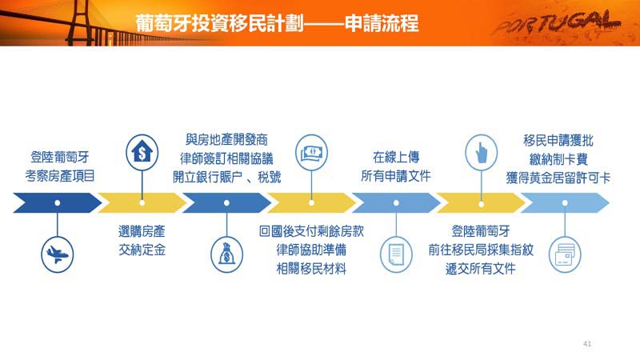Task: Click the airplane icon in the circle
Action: tap(58, 254)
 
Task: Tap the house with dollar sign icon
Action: tap(142, 153)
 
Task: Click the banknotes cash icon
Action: tap(311, 153)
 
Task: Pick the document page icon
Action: tap(396, 254)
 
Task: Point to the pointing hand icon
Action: tap(482, 153)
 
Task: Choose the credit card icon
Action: tap(565, 254)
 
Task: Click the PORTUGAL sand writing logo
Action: tap(557, 23)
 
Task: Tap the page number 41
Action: tap(587, 344)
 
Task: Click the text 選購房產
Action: tap(142, 231)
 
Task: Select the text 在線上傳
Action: tap(396, 157)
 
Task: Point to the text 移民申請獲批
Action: tap(558, 141)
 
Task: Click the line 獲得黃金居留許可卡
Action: tap(558, 178)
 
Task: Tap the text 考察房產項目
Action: tap(60, 175)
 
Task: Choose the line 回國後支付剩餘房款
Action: tap(311, 231)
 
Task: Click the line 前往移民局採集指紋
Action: tap(481, 250)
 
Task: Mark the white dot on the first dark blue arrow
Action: tap(58, 203)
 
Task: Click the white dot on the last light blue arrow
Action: tap(565, 203)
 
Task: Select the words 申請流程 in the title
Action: tap(382, 23)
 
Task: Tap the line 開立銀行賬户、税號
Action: tap(227, 177)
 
